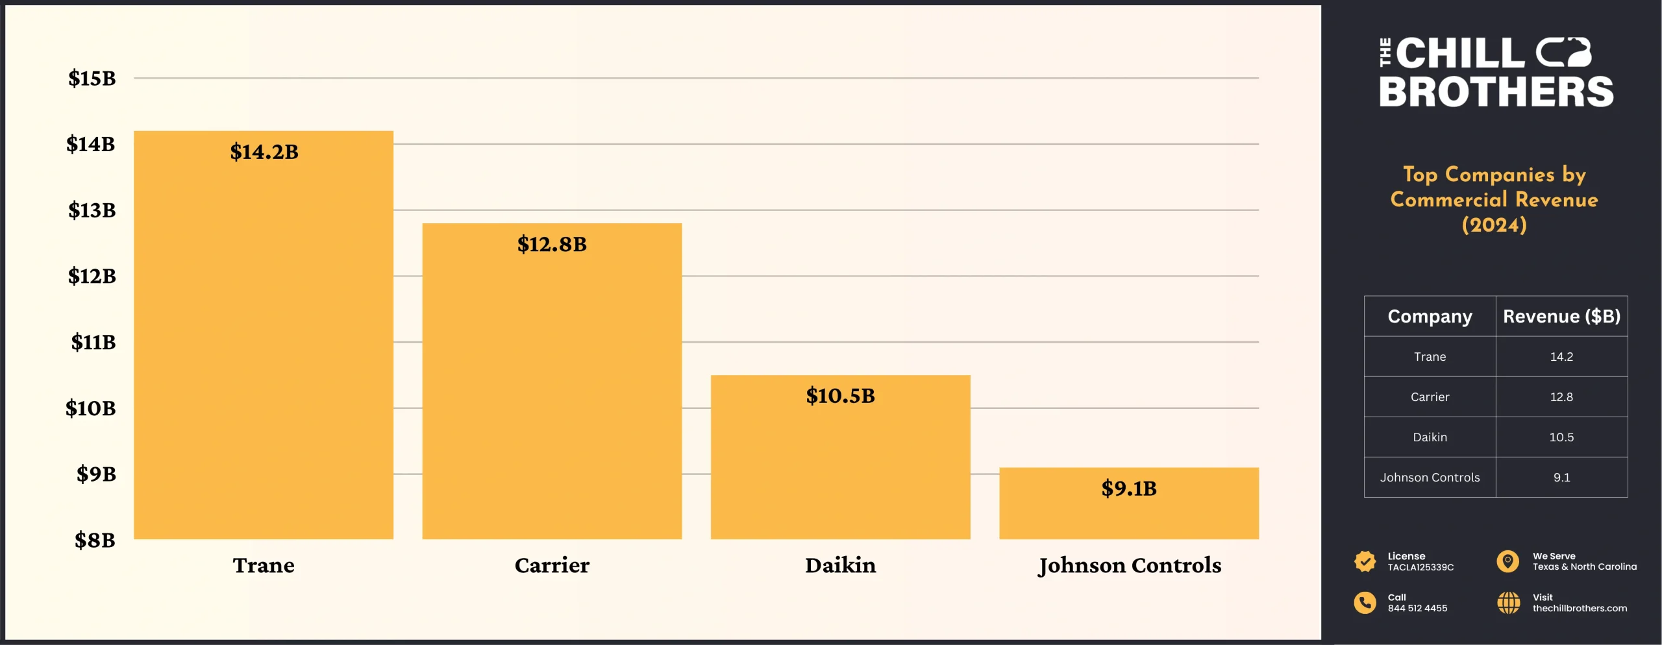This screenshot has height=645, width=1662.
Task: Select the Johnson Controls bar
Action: click(1128, 513)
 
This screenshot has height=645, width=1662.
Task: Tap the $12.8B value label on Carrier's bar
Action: click(552, 245)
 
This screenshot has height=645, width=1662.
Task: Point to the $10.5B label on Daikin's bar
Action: click(840, 396)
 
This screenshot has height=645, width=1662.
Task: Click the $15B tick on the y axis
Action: click(92, 79)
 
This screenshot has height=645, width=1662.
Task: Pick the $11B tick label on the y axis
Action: click(93, 342)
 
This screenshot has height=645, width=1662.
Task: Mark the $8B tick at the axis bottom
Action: click(95, 540)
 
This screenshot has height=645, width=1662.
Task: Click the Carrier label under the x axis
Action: click(552, 565)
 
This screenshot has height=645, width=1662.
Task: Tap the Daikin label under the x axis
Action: click(840, 565)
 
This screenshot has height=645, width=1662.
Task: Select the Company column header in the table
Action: click(1430, 317)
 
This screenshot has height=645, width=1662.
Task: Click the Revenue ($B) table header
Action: click(1561, 317)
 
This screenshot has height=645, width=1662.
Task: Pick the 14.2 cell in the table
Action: click(1561, 357)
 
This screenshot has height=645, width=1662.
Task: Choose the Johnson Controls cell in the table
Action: click(1430, 478)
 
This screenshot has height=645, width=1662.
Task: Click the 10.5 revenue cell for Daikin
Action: click(1561, 437)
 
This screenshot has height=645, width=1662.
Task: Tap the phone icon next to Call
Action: click(1365, 603)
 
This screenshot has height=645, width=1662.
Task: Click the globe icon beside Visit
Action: click(1508, 603)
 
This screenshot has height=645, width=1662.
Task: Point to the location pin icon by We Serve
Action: click(1507, 561)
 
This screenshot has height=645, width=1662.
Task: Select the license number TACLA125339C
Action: click(1420, 567)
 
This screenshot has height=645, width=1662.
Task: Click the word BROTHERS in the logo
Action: click(1496, 92)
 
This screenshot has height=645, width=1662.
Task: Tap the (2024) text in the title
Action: click(1494, 225)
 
